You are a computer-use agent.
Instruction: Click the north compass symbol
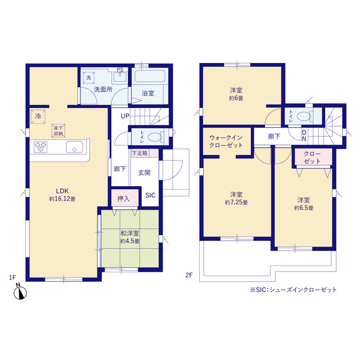(20, 292)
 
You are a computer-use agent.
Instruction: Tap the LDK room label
(62, 195)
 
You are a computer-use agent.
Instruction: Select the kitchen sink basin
(74, 147)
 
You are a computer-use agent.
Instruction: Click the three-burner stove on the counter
(40, 147)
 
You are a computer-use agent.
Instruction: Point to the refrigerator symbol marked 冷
(38, 116)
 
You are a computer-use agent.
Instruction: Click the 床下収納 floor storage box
(58, 130)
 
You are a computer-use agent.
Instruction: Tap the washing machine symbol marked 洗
(89, 78)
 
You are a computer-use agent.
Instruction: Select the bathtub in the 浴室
(150, 76)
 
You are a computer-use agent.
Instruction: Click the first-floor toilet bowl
(155, 137)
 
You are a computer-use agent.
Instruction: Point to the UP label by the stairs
(125, 116)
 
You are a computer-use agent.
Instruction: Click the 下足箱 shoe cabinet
(145, 153)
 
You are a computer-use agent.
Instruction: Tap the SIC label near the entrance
(150, 195)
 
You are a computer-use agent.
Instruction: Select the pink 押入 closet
(125, 197)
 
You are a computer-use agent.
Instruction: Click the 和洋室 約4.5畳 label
(130, 237)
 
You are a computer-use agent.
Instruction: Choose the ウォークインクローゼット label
(226, 141)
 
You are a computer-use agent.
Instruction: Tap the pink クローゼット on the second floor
(312, 157)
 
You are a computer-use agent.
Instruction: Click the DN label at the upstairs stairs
(304, 136)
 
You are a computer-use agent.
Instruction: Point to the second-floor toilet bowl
(304, 116)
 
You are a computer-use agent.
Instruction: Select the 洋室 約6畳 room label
(236, 94)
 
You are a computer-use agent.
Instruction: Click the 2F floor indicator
(189, 275)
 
